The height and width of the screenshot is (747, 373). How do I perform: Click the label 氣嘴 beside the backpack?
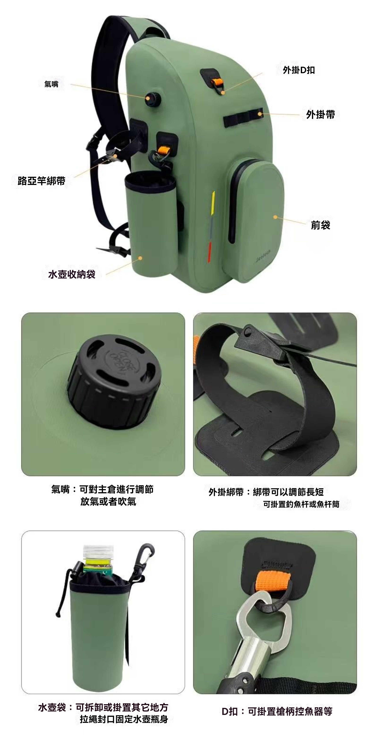[51, 84]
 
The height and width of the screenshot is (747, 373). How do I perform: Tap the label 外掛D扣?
[299, 70]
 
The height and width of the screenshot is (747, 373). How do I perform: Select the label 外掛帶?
[320, 115]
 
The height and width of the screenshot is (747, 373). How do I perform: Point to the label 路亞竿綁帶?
[41, 181]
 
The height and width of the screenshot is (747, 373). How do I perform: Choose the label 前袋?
[320, 225]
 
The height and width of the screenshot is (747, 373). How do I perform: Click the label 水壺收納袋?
[72, 274]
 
